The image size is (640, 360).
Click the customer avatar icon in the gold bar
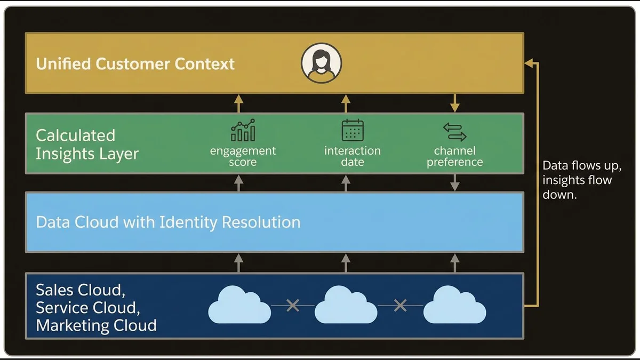[x=321, y=63]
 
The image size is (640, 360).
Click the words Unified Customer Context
[x=135, y=64]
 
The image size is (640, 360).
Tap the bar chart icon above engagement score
[x=243, y=130]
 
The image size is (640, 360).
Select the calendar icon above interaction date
[x=353, y=130]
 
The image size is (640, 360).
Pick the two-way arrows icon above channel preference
[x=454, y=131]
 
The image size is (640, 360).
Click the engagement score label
[x=243, y=156]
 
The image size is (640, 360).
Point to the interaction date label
[x=353, y=156]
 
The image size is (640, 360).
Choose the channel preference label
[x=454, y=156]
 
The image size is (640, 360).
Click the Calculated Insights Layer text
[x=87, y=145]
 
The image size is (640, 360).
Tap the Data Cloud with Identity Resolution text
[x=168, y=222]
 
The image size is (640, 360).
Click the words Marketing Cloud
[x=96, y=325]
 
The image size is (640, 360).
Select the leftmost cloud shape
[x=239, y=306]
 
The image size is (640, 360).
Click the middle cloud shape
[x=347, y=306]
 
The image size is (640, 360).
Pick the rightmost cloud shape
[x=454, y=306]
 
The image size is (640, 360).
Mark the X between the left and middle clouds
[x=292, y=306]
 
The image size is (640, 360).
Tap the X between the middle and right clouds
[x=400, y=306]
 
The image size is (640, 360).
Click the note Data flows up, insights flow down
[x=581, y=180]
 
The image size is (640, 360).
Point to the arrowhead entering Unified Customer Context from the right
[x=529, y=63]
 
